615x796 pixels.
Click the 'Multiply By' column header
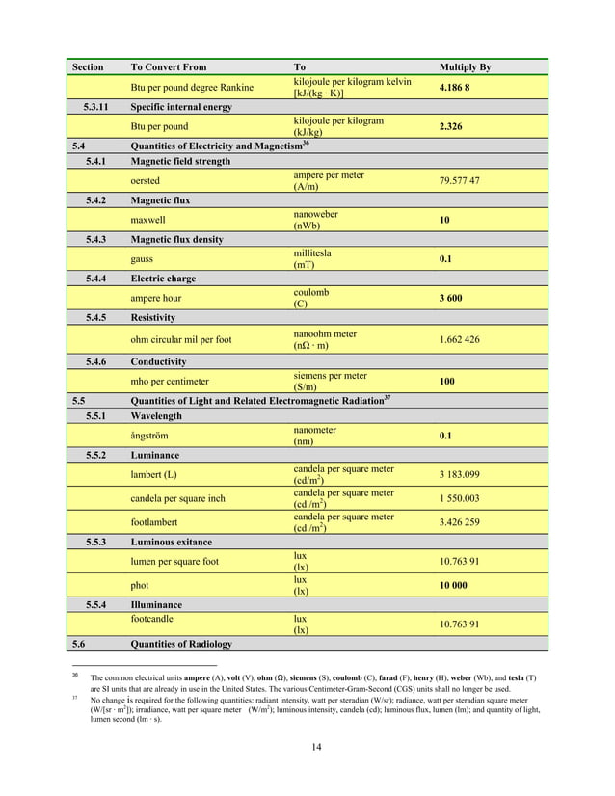(x=465, y=67)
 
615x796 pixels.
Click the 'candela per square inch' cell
(x=179, y=498)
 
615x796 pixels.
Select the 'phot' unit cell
(x=140, y=585)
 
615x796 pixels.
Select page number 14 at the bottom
(x=315, y=748)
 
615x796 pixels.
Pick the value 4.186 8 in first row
(x=458, y=88)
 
